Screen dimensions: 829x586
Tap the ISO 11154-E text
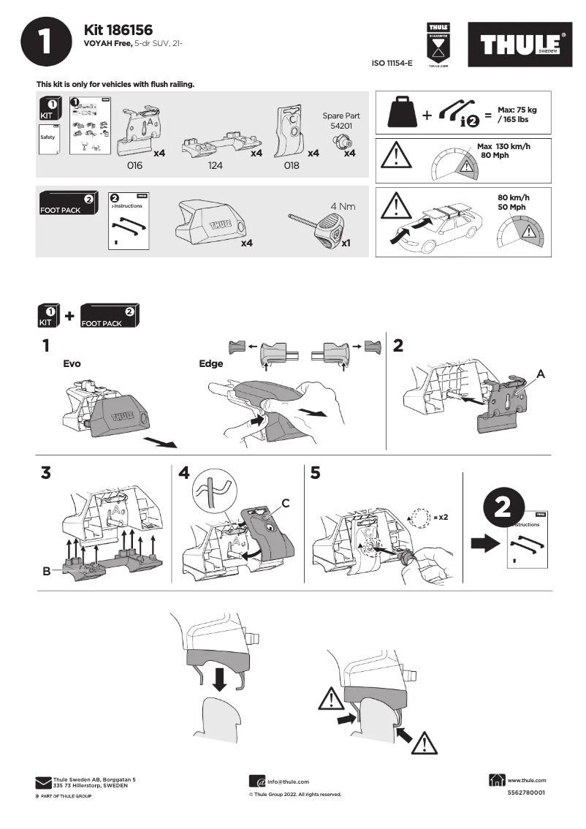coord(392,64)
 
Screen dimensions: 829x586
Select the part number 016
coord(134,166)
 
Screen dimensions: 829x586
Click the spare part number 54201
coord(340,126)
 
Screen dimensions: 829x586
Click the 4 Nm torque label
coord(342,206)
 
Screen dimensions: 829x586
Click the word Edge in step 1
coord(211,363)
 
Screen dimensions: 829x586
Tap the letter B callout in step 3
coord(46,571)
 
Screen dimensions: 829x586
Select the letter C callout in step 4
coord(286,503)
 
